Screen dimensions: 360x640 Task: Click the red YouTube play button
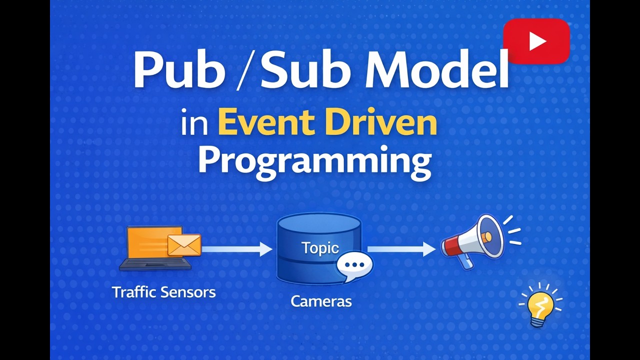point(536,41)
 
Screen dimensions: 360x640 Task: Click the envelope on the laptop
point(184,244)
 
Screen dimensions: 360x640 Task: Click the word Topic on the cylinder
point(320,248)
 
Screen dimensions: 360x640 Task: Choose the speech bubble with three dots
point(354,265)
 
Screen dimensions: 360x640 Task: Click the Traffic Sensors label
point(163,292)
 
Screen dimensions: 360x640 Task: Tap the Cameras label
point(321,301)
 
